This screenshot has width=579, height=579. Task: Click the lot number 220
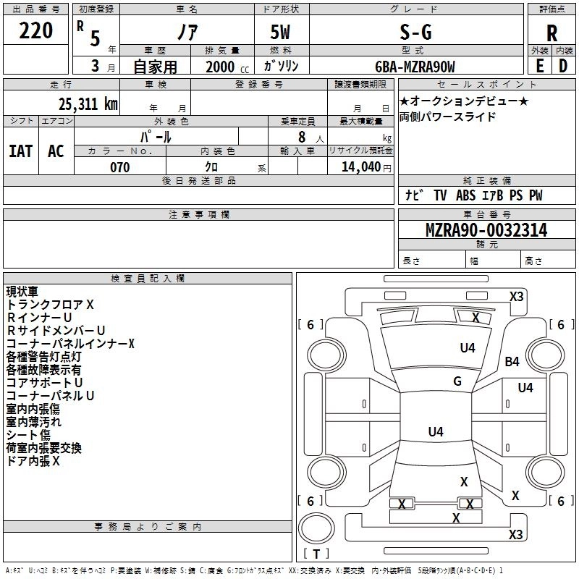click(35, 30)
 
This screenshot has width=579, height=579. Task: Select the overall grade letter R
click(551, 33)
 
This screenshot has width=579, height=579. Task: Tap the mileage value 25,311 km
click(88, 104)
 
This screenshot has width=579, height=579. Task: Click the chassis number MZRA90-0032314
click(486, 230)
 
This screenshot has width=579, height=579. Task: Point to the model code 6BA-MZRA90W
click(415, 67)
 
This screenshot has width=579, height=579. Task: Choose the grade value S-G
click(415, 33)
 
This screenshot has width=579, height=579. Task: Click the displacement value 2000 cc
click(227, 67)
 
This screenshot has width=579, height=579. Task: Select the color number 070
click(120, 167)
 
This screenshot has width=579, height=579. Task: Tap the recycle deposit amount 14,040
click(361, 167)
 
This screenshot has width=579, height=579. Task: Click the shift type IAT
click(21, 151)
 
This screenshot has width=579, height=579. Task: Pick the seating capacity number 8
click(302, 137)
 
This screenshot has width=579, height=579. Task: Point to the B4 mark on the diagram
click(512, 361)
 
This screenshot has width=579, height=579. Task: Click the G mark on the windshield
click(457, 381)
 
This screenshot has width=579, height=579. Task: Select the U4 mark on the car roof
click(436, 431)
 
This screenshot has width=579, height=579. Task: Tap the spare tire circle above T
click(316, 528)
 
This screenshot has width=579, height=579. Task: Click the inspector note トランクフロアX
click(50, 305)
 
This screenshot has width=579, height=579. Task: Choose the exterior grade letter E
click(539, 66)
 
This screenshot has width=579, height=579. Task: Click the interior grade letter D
click(563, 66)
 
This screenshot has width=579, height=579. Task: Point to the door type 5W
click(280, 33)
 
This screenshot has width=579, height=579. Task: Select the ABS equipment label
click(465, 195)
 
